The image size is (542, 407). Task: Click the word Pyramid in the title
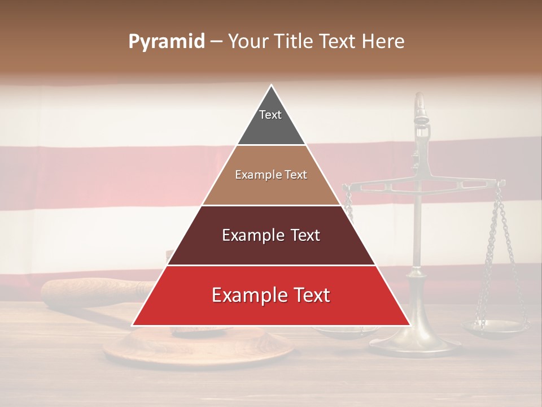167,42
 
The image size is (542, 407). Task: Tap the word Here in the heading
383,42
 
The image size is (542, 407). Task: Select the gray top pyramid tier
271,127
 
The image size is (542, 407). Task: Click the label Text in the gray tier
270,115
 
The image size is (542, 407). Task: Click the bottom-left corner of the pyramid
133,325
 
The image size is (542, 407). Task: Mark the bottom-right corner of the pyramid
409,325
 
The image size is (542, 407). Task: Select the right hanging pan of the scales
495,326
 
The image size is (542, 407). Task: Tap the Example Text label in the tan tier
271,175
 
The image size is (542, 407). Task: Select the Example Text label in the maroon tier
271,235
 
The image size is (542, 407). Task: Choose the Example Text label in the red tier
271,295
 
